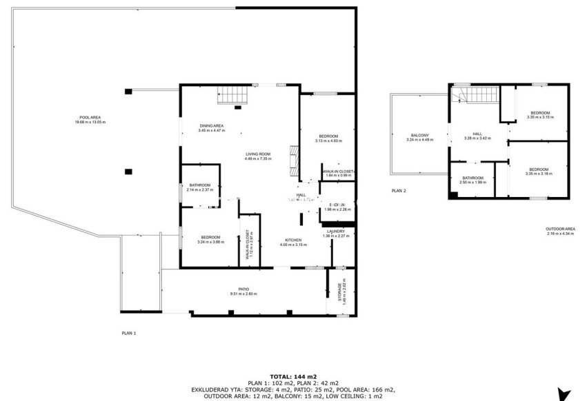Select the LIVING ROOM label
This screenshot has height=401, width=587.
[258, 156]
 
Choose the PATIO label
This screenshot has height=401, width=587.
[243, 291]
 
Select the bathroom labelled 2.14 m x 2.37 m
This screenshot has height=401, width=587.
[200, 187]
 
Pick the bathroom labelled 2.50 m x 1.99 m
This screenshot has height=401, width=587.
[473, 180]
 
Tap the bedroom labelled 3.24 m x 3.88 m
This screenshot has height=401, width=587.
[210, 238]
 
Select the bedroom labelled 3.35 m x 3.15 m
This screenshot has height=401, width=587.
[539, 114]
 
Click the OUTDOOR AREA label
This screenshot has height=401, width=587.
[560, 232]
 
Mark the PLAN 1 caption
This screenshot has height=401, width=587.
[129, 333]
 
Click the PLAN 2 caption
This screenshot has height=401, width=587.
[399, 190]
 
